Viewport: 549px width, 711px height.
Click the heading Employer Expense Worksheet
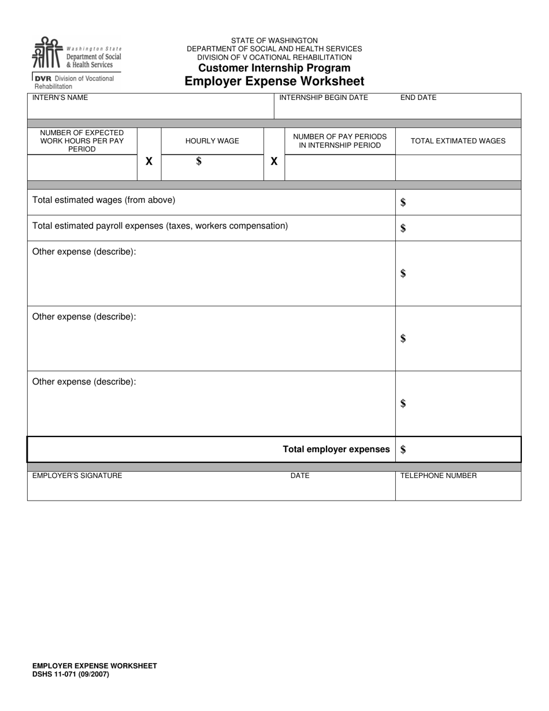274,81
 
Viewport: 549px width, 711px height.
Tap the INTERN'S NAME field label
60,98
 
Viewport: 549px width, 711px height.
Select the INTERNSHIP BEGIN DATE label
324,98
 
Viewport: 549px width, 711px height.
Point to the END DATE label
418,98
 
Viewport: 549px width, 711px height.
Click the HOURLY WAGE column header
212,141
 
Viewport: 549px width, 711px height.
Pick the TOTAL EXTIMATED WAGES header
458,141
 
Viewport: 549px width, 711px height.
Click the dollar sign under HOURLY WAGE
199,161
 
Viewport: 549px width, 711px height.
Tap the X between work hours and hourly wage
149,162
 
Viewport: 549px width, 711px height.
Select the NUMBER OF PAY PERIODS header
340,141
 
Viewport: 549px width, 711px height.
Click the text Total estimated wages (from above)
103,200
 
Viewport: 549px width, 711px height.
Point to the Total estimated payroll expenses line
160,226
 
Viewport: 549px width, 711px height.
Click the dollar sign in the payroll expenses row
403,228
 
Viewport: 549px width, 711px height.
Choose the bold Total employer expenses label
336,449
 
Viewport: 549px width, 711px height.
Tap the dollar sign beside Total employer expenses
403,450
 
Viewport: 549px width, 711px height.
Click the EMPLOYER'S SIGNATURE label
77,476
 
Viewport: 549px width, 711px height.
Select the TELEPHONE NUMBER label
439,476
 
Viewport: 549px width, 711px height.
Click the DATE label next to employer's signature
300,476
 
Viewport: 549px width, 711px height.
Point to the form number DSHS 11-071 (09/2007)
71,674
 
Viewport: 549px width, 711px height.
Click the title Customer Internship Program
274,68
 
